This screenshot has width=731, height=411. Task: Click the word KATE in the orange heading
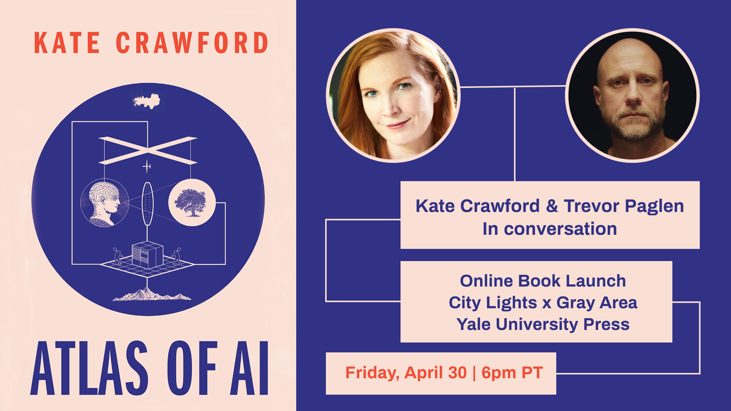[x=67, y=43]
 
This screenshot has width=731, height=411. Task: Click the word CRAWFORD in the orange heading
[x=193, y=43]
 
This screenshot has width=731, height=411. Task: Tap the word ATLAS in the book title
[x=89, y=368]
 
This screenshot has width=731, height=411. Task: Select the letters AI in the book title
[x=249, y=368]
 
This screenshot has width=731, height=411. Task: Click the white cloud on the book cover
[x=147, y=101]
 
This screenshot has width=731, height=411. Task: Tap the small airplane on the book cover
[x=147, y=166]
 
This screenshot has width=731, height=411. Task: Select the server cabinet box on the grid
[x=147, y=255]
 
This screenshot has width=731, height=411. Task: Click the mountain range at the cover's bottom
[x=152, y=295]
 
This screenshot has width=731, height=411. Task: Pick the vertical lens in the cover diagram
[x=147, y=204]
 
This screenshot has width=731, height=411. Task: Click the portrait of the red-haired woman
[x=393, y=96]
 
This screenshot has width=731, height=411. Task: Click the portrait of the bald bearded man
[x=632, y=96]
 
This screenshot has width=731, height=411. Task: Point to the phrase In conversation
[x=549, y=229]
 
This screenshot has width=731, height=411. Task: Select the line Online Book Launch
[x=543, y=281]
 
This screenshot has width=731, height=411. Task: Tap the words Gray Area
[x=597, y=303]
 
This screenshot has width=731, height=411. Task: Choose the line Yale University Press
[x=543, y=324]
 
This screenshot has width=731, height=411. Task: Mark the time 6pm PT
[x=512, y=373]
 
